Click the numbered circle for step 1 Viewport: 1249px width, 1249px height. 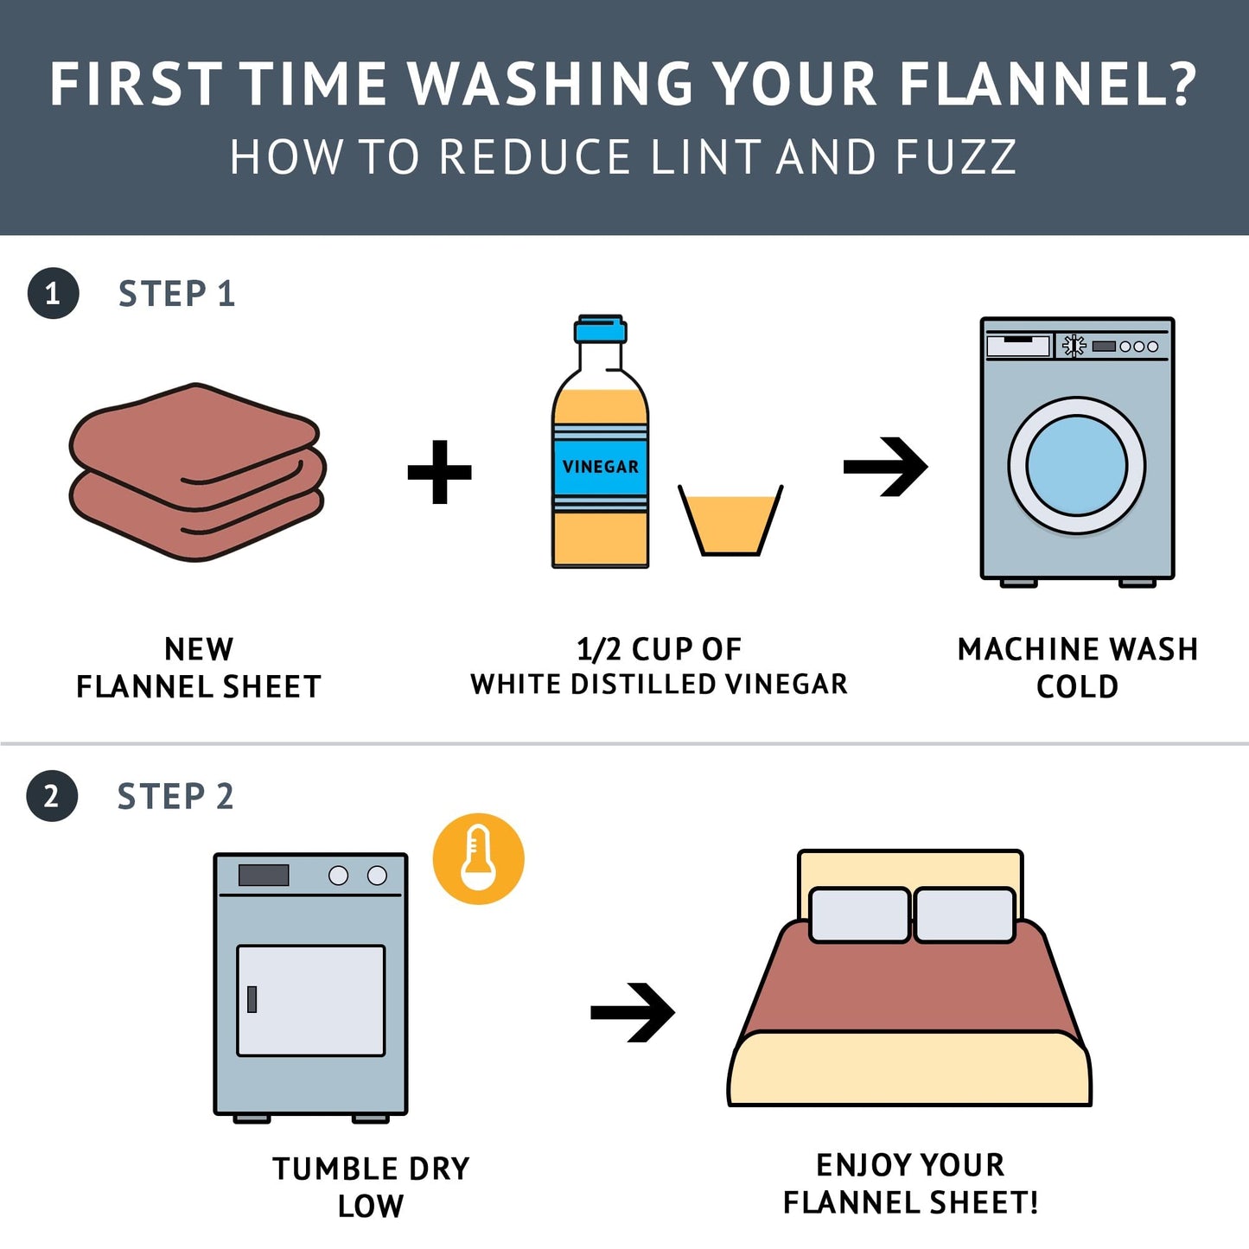pyautogui.click(x=53, y=294)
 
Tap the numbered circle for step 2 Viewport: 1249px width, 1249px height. pyautogui.click(x=52, y=796)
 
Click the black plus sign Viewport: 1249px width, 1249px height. pyautogui.click(x=439, y=472)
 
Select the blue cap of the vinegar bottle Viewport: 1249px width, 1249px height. pyautogui.click(x=600, y=329)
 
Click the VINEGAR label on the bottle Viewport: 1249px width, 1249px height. pyautogui.click(x=600, y=466)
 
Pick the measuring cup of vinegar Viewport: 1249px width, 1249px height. pyautogui.click(x=730, y=519)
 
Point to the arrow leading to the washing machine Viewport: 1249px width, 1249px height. pyautogui.click(x=885, y=467)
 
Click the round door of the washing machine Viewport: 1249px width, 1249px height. pyautogui.click(x=1077, y=465)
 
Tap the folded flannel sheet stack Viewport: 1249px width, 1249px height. pyautogui.click(x=197, y=472)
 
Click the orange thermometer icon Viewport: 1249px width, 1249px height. pyautogui.click(x=478, y=859)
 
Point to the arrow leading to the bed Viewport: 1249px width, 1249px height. pyautogui.click(x=633, y=1012)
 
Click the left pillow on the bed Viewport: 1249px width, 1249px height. pyautogui.click(x=859, y=914)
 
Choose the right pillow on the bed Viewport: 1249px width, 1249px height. pyautogui.click(x=965, y=914)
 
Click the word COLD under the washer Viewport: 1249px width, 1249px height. pyautogui.click(x=1077, y=686)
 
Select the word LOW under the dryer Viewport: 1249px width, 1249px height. pyautogui.click(x=371, y=1207)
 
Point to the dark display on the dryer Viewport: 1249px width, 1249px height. pyautogui.click(x=264, y=875)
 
